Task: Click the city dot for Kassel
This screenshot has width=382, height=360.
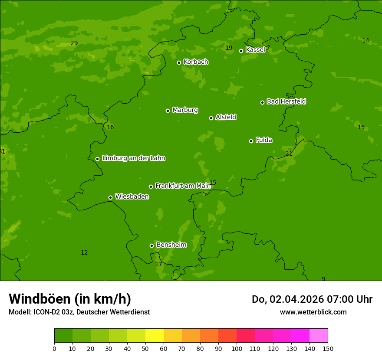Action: (241, 51)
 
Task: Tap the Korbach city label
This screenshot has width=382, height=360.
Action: (196, 62)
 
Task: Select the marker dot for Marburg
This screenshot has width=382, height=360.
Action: (168, 111)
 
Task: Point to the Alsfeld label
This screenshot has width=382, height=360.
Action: (226, 117)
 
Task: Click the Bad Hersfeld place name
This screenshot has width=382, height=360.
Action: (286, 101)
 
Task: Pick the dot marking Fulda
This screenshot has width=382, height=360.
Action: (251, 141)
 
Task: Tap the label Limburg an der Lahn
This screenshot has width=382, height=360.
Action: (133, 158)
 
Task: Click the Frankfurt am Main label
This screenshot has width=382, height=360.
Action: (183, 186)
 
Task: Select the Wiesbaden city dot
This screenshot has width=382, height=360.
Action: (111, 197)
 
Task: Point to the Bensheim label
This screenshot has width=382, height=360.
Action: (171, 245)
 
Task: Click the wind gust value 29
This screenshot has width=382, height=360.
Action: (74, 43)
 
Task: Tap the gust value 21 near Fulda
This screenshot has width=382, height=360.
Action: (289, 154)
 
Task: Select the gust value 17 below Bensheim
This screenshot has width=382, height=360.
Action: (158, 264)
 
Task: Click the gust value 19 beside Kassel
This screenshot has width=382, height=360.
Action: (229, 48)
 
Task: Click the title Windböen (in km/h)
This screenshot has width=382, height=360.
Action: (70, 299)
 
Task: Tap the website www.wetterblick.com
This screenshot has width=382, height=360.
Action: (313, 312)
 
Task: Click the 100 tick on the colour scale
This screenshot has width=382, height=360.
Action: (237, 348)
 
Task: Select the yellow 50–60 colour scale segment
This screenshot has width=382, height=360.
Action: (155, 335)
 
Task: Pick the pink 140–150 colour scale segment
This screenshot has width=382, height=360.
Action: (319, 335)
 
